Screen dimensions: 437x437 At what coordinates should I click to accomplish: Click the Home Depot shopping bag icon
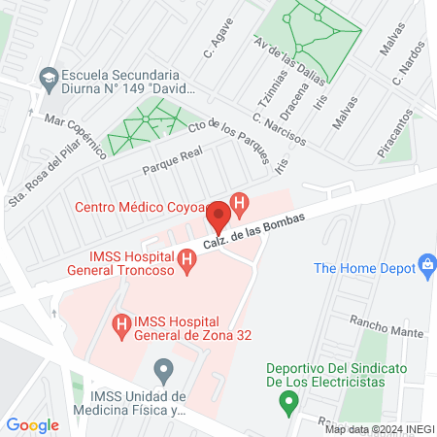[x=425, y=264]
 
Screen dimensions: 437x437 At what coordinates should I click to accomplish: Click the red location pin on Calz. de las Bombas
[x=218, y=216]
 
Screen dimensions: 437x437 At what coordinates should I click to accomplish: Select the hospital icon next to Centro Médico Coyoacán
[x=240, y=204]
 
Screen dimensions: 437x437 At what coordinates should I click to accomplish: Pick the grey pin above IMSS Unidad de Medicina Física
[x=164, y=369]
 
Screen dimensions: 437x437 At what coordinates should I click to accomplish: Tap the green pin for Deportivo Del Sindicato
[x=287, y=399]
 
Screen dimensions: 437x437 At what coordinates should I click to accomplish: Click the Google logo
[x=32, y=424]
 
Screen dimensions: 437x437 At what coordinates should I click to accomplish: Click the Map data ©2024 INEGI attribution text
[x=378, y=428]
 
